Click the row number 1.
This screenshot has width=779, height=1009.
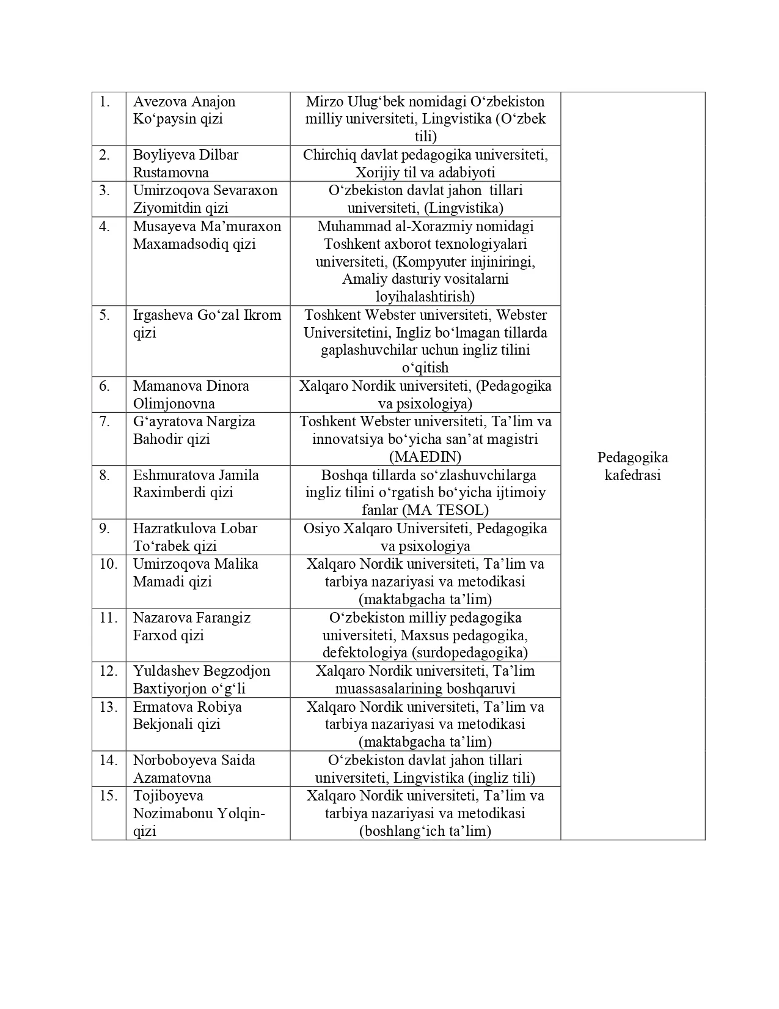pos(104,102)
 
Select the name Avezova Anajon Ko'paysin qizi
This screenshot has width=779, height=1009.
pos(184,110)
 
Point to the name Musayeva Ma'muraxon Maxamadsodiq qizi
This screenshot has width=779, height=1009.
pos(207,235)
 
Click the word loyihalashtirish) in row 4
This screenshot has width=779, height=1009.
pos(425,297)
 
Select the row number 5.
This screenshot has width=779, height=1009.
pos(104,316)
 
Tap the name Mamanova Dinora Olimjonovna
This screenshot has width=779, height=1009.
pos(191,394)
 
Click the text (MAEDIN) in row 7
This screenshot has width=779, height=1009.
pos(425,457)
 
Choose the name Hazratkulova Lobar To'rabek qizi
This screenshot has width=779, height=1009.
pos(195,537)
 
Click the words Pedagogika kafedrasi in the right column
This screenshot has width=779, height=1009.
pos(632,466)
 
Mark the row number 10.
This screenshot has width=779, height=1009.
pos(108,564)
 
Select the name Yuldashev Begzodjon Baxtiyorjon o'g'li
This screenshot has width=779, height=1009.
pos(202,679)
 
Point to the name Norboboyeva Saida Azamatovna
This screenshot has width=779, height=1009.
pos(194,769)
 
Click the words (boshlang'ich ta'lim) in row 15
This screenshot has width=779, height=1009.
pos(425,831)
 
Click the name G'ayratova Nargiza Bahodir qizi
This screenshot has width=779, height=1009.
pos(194,430)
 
